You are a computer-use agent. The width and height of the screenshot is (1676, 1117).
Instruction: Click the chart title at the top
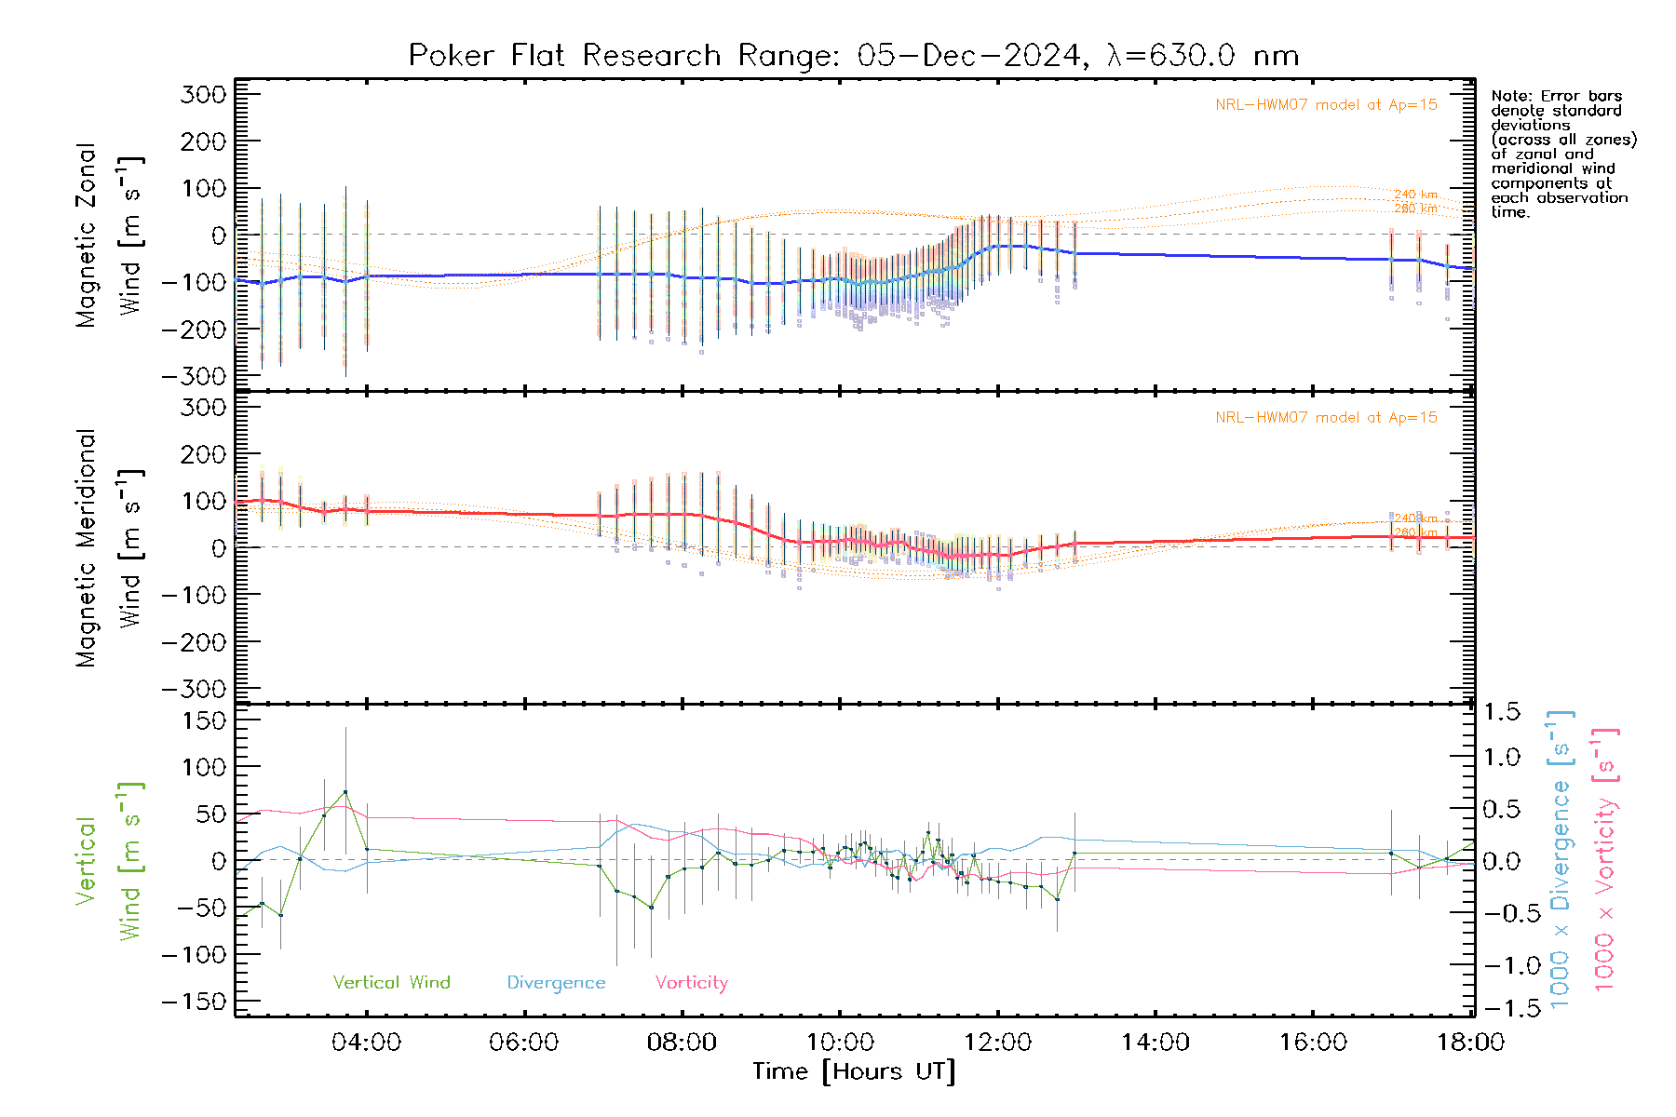pos(853,56)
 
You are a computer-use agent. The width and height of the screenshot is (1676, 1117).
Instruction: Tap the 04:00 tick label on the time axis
pos(366,1043)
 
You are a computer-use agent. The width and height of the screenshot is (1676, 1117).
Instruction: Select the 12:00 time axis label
pos(997,1043)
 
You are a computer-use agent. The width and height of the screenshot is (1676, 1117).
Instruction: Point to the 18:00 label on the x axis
pos(1470,1043)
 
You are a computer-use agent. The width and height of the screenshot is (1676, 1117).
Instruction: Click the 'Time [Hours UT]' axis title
pos(854,1072)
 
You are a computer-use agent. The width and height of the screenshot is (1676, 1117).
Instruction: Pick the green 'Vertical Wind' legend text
pos(391,983)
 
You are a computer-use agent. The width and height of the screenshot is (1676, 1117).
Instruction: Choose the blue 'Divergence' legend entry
pos(556,983)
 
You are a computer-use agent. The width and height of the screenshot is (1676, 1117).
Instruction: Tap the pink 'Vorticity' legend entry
pos(691,983)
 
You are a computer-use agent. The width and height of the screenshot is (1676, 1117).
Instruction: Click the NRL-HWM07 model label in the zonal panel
pos(1326,105)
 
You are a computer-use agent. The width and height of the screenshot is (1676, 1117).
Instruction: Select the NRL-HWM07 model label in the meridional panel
pos(1326,418)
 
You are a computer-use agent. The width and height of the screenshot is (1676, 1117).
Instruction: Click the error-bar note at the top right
pos(1562,154)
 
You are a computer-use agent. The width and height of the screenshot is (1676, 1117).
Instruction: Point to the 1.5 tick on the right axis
pos(1502,712)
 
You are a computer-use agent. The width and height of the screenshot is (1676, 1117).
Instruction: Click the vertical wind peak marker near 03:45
pos(345,792)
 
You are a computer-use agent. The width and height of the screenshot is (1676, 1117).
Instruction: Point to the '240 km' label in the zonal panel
pos(1415,195)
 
